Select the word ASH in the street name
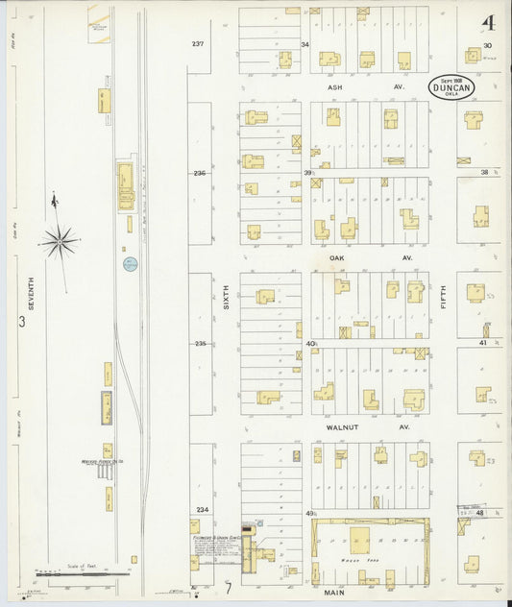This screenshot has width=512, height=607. point(334,86)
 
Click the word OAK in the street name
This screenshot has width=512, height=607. point(334,257)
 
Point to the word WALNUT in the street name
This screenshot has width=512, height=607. point(343,426)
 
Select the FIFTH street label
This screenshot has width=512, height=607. point(443,305)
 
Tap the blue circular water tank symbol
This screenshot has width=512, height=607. point(130,263)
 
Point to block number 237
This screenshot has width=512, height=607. point(199,44)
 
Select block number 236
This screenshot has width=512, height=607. point(199,173)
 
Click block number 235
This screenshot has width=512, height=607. point(200,343)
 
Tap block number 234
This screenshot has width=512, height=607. point(200,509)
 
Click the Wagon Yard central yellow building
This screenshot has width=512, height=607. point(360,539)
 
